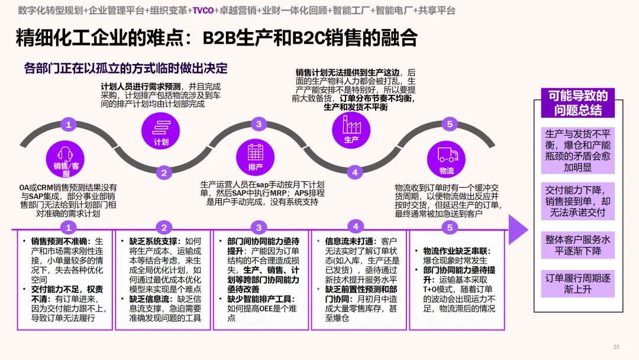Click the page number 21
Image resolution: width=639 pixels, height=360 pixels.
pyautogui.click(x=616, y=347)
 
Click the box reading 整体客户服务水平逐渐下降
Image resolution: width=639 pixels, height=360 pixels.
pyautogui.click(x=578, y=245)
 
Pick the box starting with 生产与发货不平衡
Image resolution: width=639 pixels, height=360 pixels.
pyautogui.click(x=578, y=150)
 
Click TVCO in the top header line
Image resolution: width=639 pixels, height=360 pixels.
pyautogui.click(x=203, y=11)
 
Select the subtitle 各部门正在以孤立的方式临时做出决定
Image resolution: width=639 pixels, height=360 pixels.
pyautogui.click(x=126, y=69)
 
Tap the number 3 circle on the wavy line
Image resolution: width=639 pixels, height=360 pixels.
pyautogui.click(x=259, y=124)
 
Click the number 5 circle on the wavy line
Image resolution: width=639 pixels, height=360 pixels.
pyautogui.click(x=450, y=124)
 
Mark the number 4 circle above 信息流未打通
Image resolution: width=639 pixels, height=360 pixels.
pyautogui.click(x=356, y=227)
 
